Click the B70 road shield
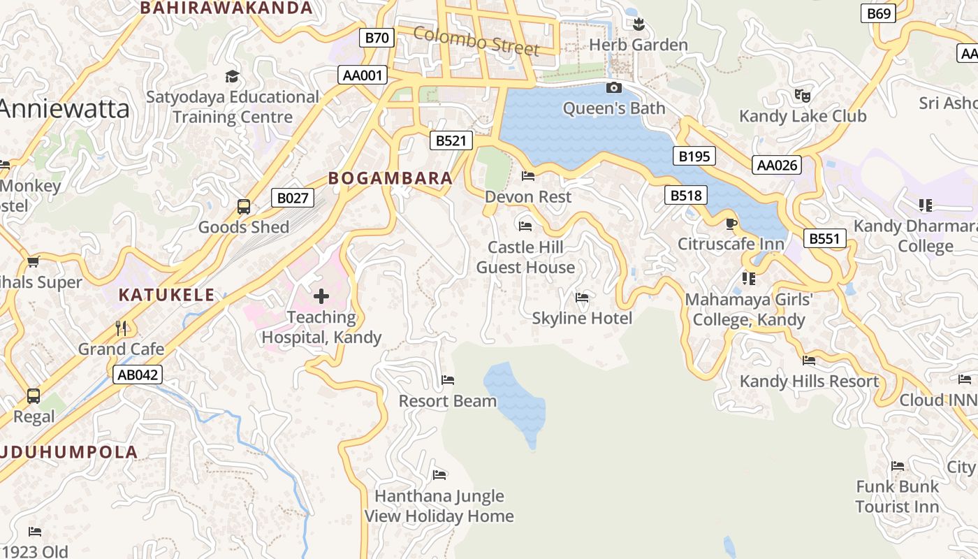[x=377, y=38]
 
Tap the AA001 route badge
[x=363, y=75]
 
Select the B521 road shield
[x=451, y=140]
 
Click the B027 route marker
[x=292, y=198]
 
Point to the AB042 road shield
[x=138, y=375]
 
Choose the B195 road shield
[x=694, y=156]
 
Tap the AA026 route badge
[x=777, y=165]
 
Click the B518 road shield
[x=685, y=195]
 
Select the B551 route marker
[x=824, y=239]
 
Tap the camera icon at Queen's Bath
[x=614, y=87]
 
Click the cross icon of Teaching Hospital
[x=321, y=296]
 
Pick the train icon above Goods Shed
[x=243, y=207]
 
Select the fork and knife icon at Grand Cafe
[x=121, y=328]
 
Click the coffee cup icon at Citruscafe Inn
[x=731, y=224]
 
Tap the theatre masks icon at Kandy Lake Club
[x=802, y=94]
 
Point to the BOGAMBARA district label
[x=391, y=178]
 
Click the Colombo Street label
[x=476, y=41]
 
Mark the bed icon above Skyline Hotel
[x=581, y=298]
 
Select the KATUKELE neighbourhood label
[x=166, y=295]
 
